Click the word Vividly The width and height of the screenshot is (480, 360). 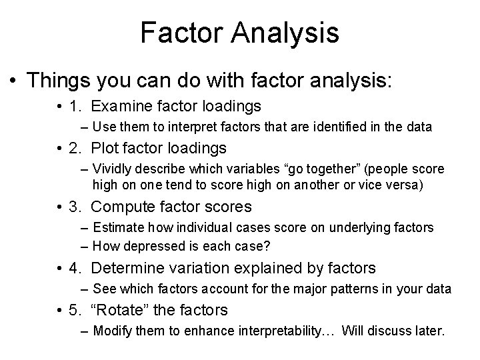coord(113,169)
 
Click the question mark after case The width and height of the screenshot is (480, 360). coord(267,245)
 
